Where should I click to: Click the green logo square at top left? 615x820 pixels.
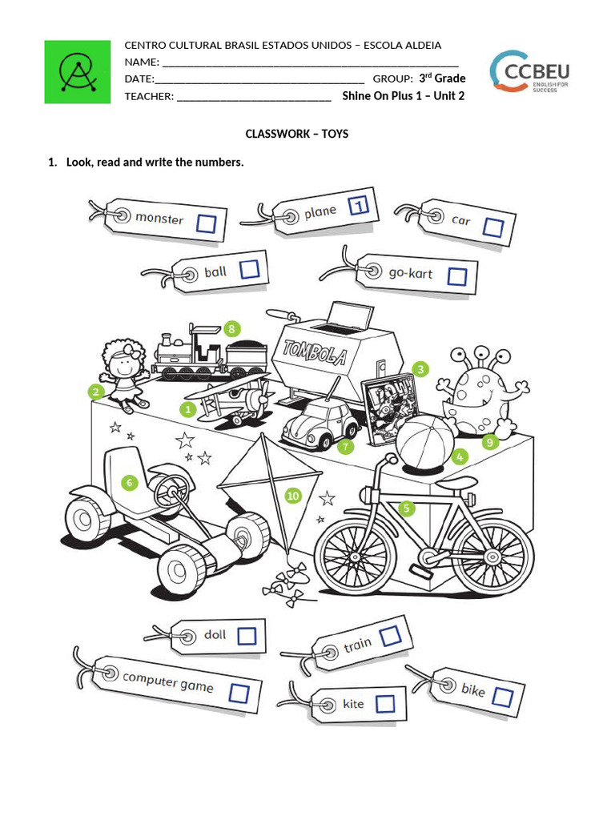coord(77,71)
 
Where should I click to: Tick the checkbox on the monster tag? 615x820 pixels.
coord(207,224)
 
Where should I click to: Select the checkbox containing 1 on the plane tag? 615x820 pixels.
coord(360,206)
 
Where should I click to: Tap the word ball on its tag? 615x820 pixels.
coord(215,272)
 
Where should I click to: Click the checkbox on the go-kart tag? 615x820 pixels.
coord(456,276)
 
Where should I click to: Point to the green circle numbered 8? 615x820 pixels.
coord(232,328)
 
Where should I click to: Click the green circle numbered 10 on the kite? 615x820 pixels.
coord(292,496)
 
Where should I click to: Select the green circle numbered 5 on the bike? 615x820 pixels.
coord(407,508)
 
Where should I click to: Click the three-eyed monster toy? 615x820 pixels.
coord(480,392)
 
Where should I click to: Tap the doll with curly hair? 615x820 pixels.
coord(125,372)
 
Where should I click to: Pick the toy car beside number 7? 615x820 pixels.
coord(319,424)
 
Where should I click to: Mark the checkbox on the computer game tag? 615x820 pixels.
coord(239,692)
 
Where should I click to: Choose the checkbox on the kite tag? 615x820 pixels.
coord(385,704)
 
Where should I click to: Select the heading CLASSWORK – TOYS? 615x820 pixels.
coord(297,134)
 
